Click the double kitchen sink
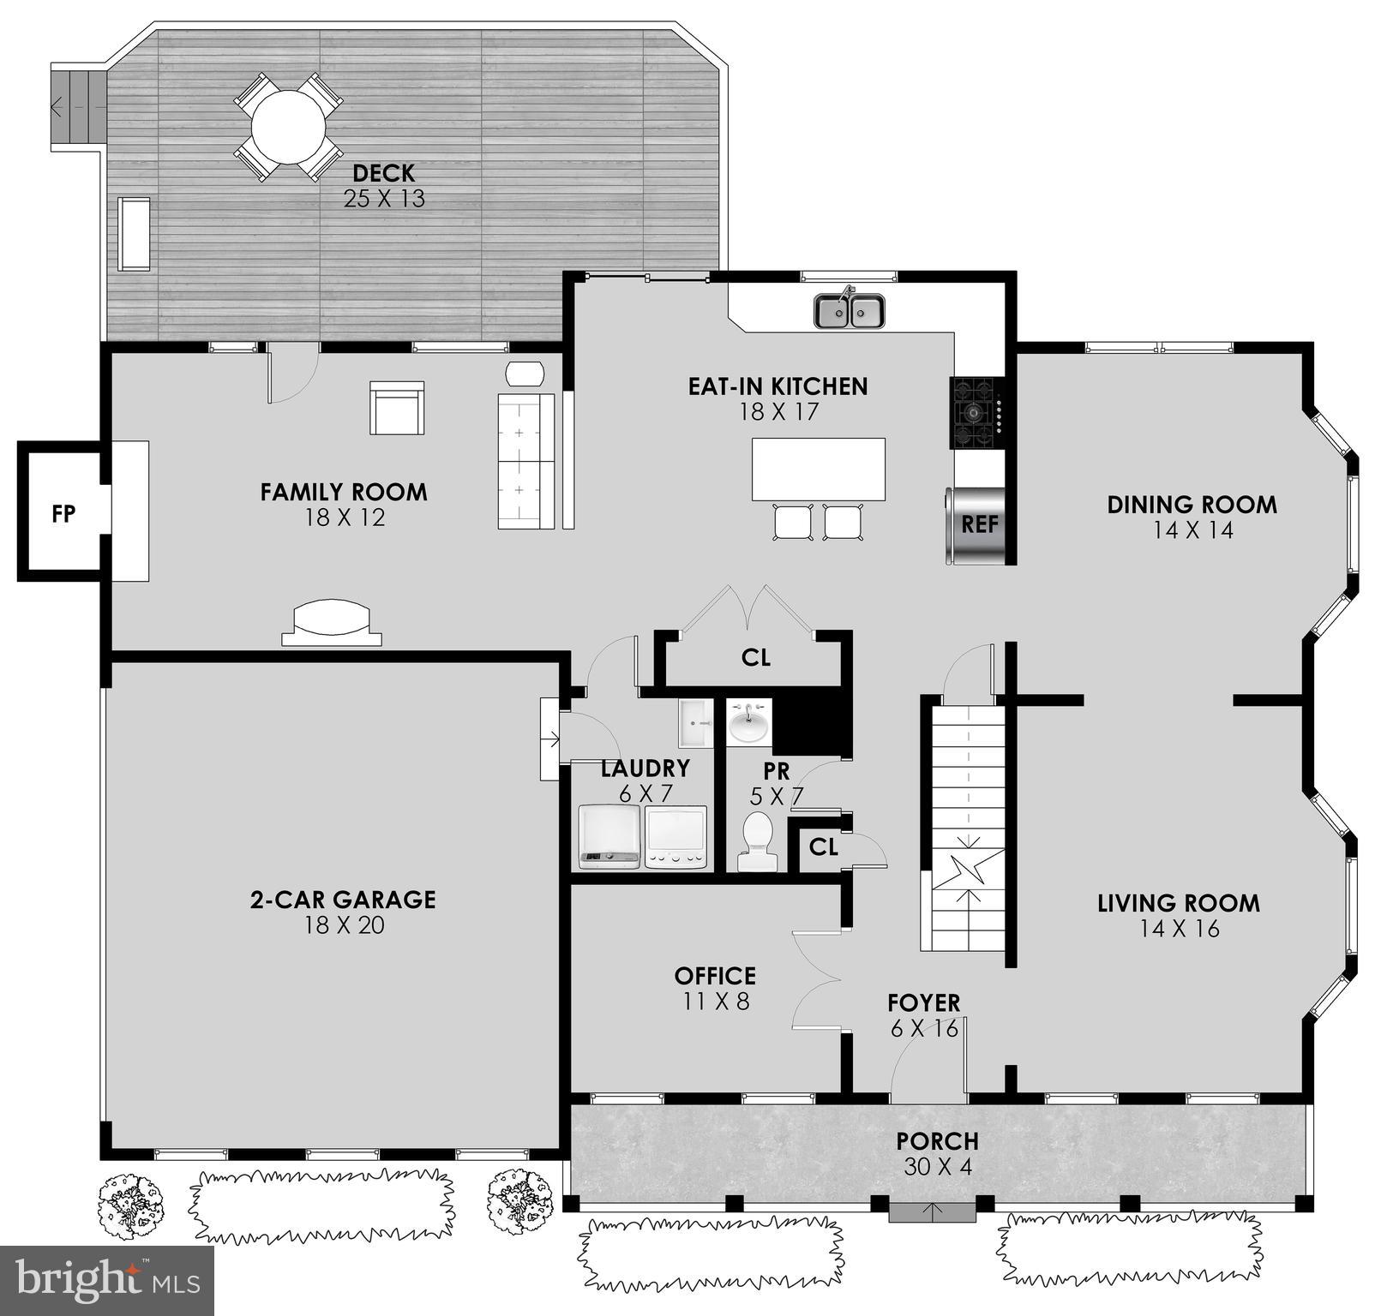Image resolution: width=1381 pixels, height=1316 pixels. point(849,311)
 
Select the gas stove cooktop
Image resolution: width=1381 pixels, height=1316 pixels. point(976,412)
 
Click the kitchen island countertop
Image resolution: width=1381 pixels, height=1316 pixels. point(819,469)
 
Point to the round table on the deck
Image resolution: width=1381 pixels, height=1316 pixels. point(288,128)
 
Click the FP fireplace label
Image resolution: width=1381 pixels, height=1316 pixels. point(63,513)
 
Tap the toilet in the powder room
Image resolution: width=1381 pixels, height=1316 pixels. point(756,841)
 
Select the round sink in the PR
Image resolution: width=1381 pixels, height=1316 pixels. point(750,722)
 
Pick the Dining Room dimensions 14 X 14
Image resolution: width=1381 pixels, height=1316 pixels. point(1192,530)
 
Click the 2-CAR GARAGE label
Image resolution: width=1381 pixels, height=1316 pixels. point(343,899)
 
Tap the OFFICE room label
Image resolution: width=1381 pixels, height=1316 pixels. point(715,976)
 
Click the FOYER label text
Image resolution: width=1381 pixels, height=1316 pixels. point(923,1002)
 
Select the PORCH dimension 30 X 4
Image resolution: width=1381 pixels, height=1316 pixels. point(937,1167)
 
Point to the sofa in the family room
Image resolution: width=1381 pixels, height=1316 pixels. point(525,461)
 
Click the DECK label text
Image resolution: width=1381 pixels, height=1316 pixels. point(383,173)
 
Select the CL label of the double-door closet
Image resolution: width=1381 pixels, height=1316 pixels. point(755,657)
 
